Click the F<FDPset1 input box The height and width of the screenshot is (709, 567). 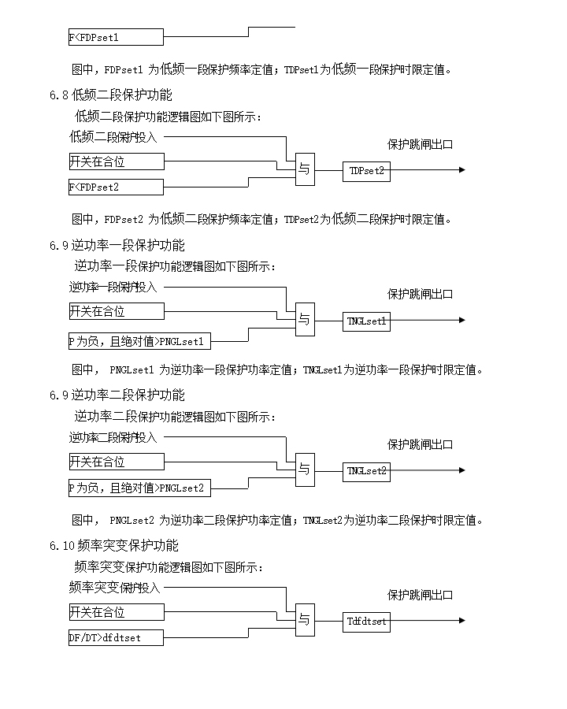[116, 37]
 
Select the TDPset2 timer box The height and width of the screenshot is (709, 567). [366, 170]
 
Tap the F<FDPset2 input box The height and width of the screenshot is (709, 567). [116, 187]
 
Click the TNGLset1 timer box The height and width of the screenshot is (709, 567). [366, 321]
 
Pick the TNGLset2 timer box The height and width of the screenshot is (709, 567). [366, 471]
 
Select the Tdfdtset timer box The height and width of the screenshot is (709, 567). [366, 622]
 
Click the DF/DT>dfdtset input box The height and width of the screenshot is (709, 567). [116, 637]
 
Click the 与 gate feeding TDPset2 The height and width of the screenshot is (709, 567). [305, 169]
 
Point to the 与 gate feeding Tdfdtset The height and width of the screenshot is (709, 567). [305, 621]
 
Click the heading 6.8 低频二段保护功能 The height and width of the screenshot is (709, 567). [110, 95]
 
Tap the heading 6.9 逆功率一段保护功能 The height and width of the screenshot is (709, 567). [117, 245]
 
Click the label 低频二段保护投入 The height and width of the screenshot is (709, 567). [113, 137]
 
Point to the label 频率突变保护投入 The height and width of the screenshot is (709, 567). [114, 588]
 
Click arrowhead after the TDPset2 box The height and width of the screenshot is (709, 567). [462, 170]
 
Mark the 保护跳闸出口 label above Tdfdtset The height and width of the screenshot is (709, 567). [420, 595]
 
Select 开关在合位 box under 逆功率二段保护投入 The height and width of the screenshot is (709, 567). [116, 462]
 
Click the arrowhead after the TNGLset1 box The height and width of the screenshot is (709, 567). [462, 321]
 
